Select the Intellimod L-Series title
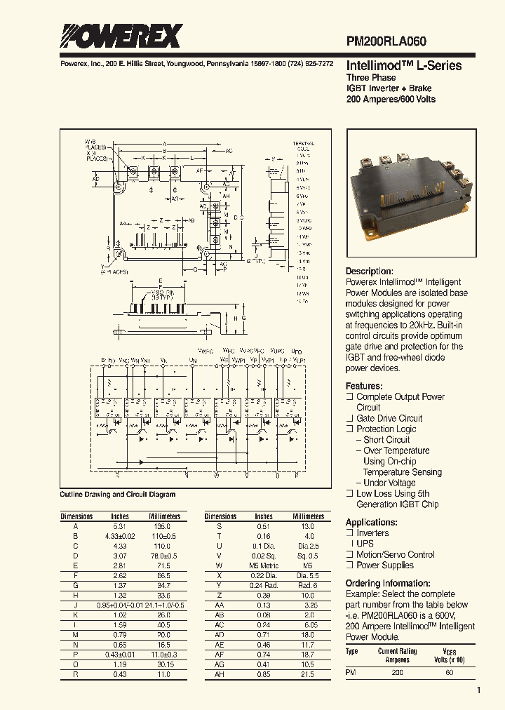pos(403,65)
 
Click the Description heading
pos(369,272)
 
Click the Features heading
pos(363,386)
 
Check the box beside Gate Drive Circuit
pos(349,419)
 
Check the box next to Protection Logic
pos(349,429)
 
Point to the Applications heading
pos(372,522)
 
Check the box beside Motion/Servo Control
pos(349,555)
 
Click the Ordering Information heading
pos(391,584)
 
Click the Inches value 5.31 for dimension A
pos(120,525)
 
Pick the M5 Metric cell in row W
pos(264,565)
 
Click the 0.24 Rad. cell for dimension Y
pos(264,584)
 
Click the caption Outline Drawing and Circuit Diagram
pos(118,495)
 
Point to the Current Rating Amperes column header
pos(398,655)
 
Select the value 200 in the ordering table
pos(398,673)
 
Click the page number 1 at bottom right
pos(478,691)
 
